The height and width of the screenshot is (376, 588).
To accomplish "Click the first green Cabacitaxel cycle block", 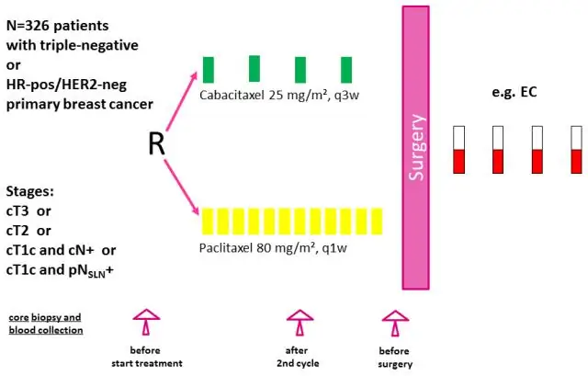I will click(x=209, y=70).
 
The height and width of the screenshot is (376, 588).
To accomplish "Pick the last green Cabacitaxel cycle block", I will click(x=346, y=70).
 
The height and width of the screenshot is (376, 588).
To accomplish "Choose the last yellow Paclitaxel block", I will click(x=376, y=221).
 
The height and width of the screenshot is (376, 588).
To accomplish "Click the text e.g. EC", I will click(x=515, y=93).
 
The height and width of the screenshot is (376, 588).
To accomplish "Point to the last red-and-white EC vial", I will click(x=576, y=150).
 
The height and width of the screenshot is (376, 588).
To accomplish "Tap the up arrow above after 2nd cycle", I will click(x=298, y=324).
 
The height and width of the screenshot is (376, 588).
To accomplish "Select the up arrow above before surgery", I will click(x=395, y=324).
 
